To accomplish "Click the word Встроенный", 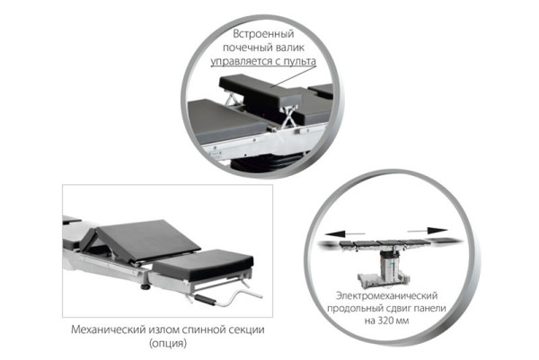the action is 263,33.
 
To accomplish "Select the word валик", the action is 289,48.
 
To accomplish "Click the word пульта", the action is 300,61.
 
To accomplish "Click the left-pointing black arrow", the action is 345,234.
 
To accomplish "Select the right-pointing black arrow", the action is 428,231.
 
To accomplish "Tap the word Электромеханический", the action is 386,295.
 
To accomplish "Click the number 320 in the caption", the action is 385,320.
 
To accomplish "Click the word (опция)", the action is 168,343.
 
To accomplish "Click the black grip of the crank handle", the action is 205,300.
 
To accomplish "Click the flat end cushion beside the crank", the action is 204,264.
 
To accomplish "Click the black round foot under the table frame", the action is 146,286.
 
